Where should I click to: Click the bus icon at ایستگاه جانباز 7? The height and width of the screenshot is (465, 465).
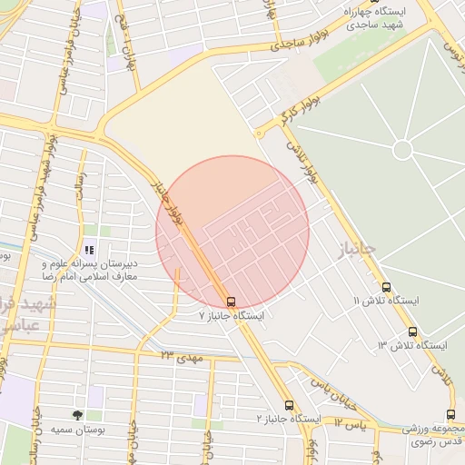230,301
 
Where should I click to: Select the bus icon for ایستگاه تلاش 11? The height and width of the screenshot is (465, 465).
387,287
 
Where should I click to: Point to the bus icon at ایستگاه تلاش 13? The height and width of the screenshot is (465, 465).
413,331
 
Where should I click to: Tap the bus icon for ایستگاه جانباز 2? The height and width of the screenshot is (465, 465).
290,405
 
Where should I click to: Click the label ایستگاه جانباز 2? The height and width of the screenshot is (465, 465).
289,420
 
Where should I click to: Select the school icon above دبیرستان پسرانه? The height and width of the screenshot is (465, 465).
88,250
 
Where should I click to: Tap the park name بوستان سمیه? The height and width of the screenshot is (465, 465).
74,429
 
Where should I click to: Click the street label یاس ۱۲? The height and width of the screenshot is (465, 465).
349,424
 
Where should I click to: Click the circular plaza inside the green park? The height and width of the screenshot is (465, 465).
403,149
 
